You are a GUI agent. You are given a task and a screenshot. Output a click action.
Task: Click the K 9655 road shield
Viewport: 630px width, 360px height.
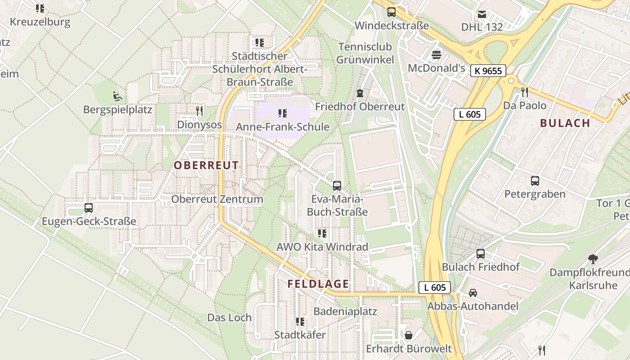tap(488, 71)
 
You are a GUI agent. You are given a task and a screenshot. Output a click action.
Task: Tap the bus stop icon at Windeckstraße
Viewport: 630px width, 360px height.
tap(391, 12)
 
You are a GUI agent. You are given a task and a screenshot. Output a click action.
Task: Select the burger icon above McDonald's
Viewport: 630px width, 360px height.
tap(436, 55)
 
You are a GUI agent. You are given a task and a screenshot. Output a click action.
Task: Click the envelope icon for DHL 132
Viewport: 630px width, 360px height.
tap(482, 14)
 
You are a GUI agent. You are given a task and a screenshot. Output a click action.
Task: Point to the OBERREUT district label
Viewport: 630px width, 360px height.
tap(206, 165)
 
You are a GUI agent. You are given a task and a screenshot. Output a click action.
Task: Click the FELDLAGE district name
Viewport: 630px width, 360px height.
tap(318, 284)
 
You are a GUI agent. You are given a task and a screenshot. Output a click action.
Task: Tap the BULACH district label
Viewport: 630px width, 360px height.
tap(565, 123)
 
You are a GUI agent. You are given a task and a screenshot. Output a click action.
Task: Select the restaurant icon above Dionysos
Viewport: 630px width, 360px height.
tap(199, 111)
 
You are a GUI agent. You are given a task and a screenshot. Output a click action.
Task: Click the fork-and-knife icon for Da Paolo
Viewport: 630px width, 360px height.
tap(524, 92)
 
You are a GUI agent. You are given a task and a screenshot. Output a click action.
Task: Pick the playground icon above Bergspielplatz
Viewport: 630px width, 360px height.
tap(117, 96)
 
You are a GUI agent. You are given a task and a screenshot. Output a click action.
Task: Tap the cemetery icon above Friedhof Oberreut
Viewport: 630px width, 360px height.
tap(360, 93)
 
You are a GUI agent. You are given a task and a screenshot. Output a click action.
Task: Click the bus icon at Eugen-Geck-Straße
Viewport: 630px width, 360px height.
tap(89, 208)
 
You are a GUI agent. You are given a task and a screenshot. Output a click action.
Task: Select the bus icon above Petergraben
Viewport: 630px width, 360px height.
tap(535, 181)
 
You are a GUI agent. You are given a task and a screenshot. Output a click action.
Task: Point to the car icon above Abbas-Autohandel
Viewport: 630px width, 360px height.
tap(472, 293)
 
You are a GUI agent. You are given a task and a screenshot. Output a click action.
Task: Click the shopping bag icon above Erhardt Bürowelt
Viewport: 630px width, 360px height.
tap(409, 335)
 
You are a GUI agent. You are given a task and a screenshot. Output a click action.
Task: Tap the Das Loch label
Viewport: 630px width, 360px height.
tap(229, 318)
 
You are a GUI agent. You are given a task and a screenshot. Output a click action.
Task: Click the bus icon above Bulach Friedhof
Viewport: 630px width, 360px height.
tap(481, 254)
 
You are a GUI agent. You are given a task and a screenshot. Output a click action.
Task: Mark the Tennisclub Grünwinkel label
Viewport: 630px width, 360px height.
tap(365, 53)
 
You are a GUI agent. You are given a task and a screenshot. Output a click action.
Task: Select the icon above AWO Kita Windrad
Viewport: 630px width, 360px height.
tap(322, 234)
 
